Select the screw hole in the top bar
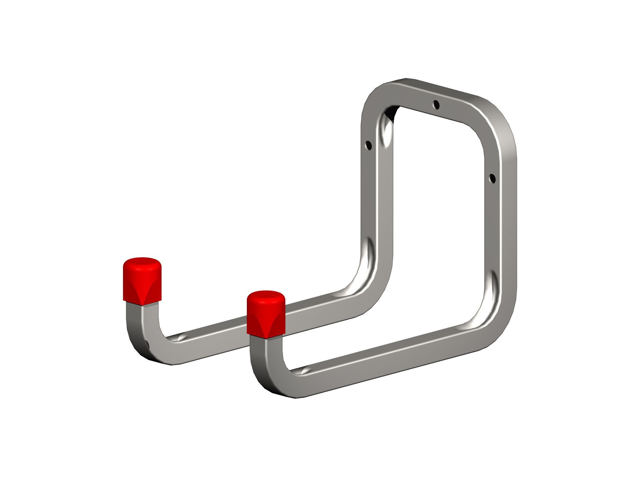436,104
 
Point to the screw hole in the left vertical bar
369,146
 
